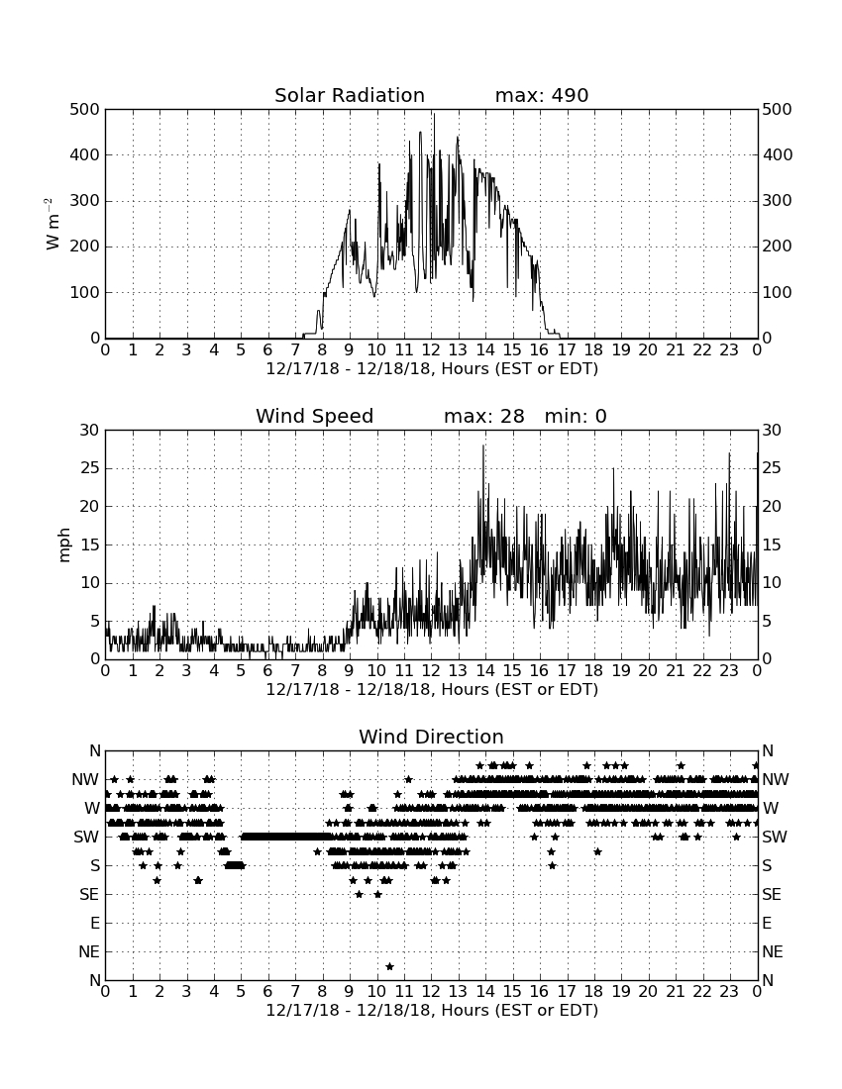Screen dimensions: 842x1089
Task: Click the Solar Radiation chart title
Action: (x=350, y=95)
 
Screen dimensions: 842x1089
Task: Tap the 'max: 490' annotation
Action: (x=542, y=95)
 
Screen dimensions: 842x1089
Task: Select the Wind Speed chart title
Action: (x=315, y=416)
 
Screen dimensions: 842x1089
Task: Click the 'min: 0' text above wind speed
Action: (x=576, y=416)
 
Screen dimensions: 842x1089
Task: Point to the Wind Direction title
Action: (x=431, y=737)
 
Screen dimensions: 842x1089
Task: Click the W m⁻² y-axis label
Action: (x=53, y=224)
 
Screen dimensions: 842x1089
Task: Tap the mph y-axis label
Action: (x=64, y=545)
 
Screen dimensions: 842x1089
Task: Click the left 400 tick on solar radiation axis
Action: (x=85, y=154)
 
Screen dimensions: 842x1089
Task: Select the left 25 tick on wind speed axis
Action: (x=90, y=468)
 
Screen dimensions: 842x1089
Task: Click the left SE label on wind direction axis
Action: (x=89, y=895)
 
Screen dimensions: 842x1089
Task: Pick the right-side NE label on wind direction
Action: (x=773, y=952)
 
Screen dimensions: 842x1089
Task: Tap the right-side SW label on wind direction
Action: (x=775, y=837)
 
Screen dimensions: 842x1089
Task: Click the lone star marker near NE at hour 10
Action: (x=389, y=967)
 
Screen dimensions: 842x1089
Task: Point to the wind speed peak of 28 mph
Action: (x=482, y=445)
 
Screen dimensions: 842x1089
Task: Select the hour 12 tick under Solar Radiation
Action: (x=432, y=349)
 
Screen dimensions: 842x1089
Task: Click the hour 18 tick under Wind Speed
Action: (x=594, y=670)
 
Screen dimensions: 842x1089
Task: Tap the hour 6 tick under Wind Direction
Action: (x=268, y=991)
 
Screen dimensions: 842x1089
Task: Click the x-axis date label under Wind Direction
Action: (x=432, y=1011)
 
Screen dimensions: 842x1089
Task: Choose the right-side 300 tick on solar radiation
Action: (x=778, y=201)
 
